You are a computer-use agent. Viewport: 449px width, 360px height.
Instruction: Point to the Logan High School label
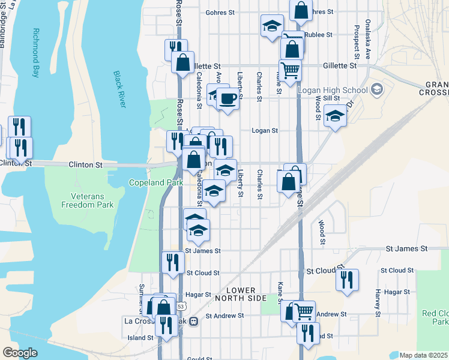333,91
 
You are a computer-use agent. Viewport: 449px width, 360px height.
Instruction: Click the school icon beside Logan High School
377,90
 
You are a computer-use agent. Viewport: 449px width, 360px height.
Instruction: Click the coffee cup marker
228,97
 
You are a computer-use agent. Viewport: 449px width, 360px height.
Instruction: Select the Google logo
19,353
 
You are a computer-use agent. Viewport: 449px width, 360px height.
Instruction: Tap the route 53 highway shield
181,306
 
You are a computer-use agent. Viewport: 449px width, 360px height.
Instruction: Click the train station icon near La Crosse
193,322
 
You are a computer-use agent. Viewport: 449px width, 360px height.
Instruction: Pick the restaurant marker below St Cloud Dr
347,280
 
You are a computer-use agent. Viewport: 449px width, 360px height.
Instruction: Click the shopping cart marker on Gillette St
290,70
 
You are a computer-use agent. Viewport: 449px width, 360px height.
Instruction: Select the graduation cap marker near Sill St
335,115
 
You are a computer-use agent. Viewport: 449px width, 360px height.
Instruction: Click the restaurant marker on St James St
172,262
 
